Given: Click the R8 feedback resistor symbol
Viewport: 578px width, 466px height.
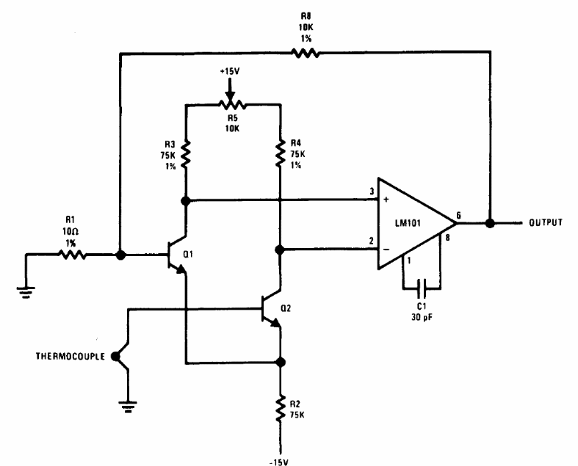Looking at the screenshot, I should (x=305, y=53).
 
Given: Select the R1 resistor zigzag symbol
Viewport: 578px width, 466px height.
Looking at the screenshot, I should (x=72, y=255).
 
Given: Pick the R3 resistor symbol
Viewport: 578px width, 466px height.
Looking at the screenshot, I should (x=187, y=154).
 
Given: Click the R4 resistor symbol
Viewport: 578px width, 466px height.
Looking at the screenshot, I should (x=280, y=154).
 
